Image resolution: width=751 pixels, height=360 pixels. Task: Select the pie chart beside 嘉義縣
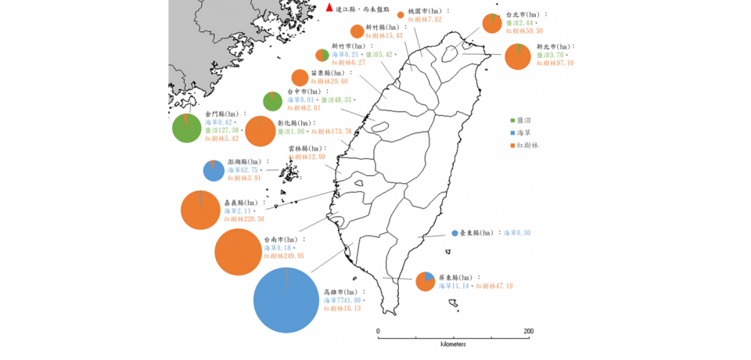coord(200,210)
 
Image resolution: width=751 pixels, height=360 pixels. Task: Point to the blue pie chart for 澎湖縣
coord(214,170)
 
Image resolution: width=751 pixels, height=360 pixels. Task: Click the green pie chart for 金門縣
coord(186,128)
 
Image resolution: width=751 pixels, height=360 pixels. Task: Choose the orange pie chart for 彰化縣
coord(261,131)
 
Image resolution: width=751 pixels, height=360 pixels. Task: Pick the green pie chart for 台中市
coord(272,101)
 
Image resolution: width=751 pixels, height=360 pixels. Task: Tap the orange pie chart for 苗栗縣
coord(300,77)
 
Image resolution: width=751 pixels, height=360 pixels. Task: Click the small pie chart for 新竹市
coord(322,55)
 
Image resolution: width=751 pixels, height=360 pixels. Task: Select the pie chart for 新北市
coord(517,57)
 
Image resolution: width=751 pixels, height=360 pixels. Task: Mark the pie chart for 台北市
coord(492,23)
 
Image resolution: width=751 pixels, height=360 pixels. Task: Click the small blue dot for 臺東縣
coord(455,233)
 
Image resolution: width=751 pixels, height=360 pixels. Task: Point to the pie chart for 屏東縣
coord(425,281)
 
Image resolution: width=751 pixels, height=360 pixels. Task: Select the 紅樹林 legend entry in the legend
coord(528,146)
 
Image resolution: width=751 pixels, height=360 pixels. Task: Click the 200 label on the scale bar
coord(529,331)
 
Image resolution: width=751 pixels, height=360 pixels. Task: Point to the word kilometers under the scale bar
coord(453,344)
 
